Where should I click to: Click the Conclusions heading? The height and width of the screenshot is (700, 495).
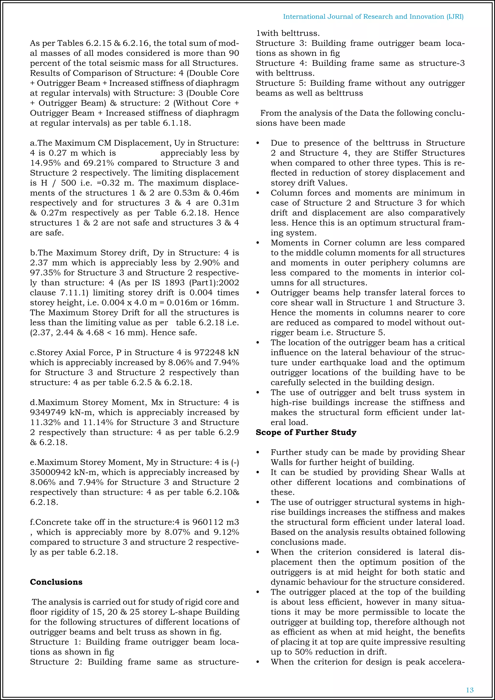click(56, 582)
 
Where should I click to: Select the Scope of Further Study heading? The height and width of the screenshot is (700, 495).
click(306, 432)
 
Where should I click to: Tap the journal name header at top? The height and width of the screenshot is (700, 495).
click(373, 16)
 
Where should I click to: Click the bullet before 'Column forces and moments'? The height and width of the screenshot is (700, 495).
click(258, 193)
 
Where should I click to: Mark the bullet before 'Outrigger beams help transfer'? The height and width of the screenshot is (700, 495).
click(258, 293)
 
